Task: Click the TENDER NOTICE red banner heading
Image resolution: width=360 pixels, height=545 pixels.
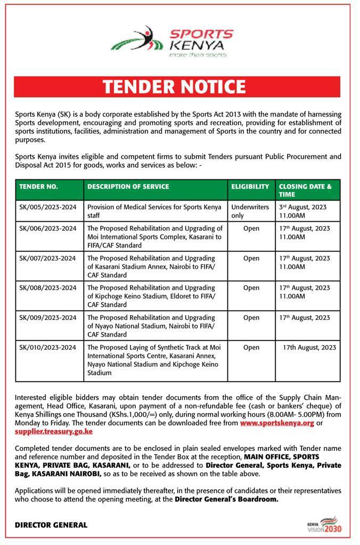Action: coord(177,87)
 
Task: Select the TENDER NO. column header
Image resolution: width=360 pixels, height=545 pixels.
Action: coord(39,187)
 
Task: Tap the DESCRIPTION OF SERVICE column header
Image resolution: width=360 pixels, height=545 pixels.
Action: coord(128,187)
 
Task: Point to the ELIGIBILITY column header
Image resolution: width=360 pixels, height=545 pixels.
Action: coord(250,187)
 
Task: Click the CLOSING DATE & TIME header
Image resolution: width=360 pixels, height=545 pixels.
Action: coord(305,191)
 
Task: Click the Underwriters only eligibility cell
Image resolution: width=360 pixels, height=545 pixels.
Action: coord(250,211)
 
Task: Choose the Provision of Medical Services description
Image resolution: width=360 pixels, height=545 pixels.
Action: coord(154,211)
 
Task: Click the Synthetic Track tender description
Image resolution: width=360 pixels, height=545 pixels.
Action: coord(154,360)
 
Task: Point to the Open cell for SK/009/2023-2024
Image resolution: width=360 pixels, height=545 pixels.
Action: coord(251,318)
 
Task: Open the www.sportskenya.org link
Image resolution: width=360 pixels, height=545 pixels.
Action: coord(277,423)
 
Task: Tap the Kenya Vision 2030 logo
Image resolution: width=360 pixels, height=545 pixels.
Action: coord(325,525)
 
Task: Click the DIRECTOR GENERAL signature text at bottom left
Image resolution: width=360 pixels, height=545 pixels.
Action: coord(51,525)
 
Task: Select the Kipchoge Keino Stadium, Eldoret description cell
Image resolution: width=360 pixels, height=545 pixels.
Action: coord(154,296)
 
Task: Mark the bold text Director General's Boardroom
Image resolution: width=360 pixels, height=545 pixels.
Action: coord(226,499)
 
